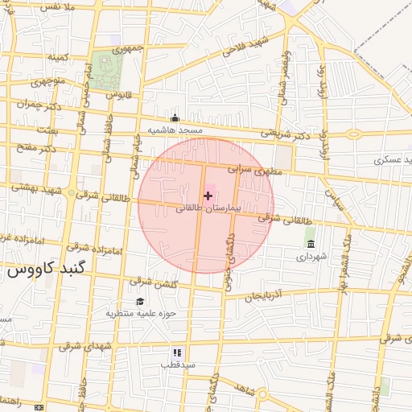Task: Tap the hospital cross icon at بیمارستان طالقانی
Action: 208,196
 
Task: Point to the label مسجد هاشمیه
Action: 175,130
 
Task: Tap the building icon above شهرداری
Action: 311,244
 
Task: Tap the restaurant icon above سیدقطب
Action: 178,352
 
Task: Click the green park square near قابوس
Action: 103,69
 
